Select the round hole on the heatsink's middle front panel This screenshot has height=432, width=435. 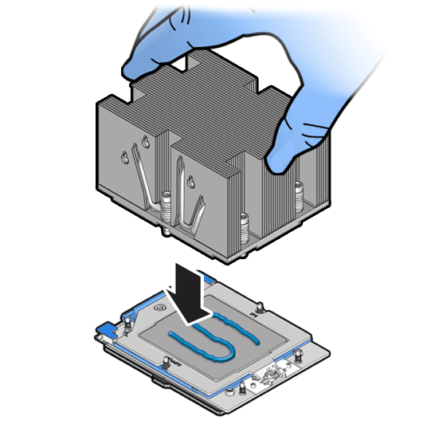[193, 176]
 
